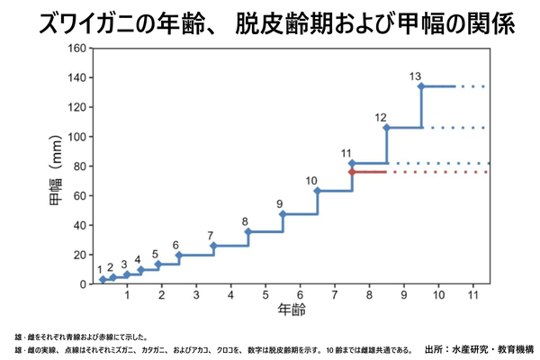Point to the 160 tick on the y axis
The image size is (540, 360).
click(76, 49)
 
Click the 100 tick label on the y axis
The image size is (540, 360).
click(76, 137)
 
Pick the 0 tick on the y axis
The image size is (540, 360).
click(83, 284)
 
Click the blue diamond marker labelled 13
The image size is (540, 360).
click(421, 86)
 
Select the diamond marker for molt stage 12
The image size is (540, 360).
click(386, 128)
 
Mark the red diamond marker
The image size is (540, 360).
click(352, 172)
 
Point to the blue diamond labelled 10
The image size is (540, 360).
click(317, 191)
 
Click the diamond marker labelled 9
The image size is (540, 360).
click(283, 214)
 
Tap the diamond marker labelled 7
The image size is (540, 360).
click(213, 246)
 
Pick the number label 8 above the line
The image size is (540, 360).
click(245, 221)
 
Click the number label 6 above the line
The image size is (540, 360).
click(175, 245)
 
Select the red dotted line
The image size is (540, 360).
click(441, 172)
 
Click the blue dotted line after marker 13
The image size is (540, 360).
click(470, 86)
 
